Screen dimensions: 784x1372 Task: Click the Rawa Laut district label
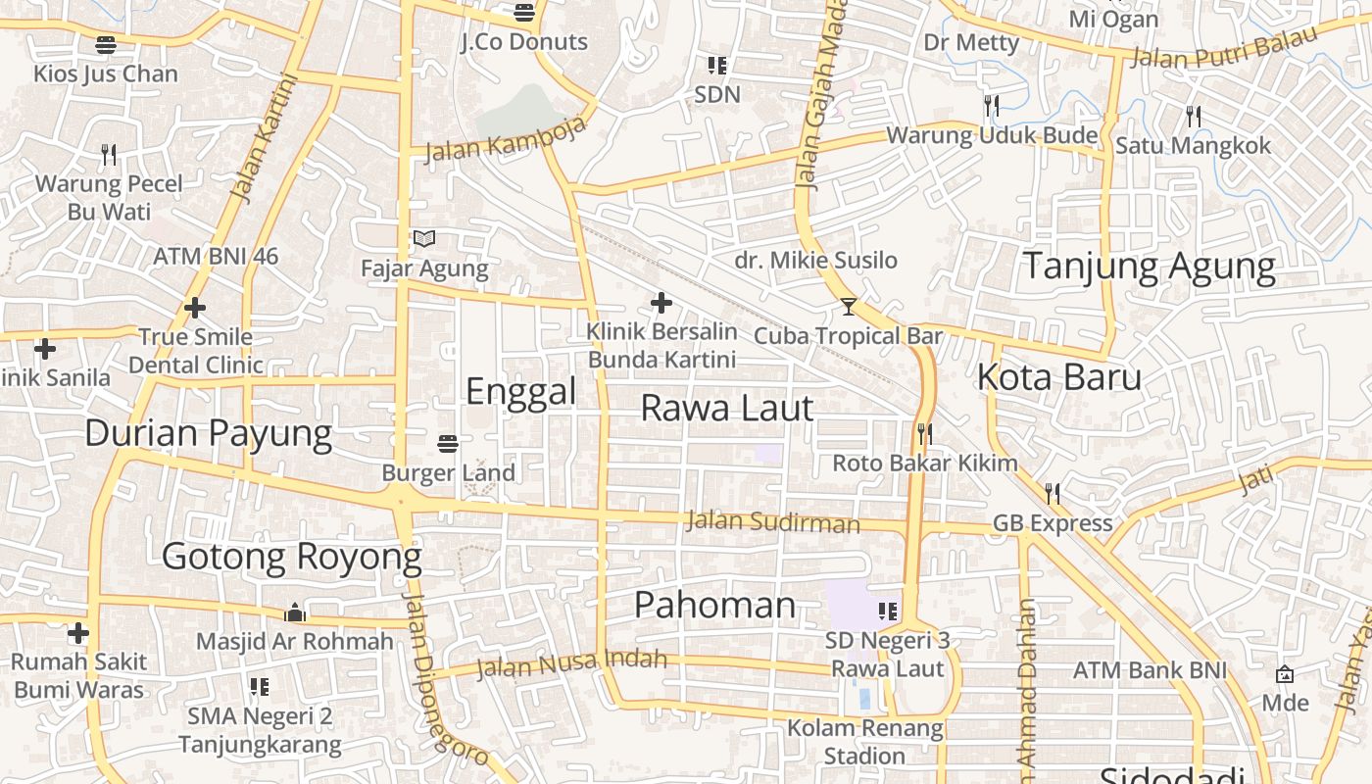click(726, 408)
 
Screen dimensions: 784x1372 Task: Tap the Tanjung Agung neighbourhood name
click(1150, 266)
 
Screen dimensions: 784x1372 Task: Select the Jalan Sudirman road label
click(773, 521)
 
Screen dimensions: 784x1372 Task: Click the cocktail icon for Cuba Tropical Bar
click(849, 307)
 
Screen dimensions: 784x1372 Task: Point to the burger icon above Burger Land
click(448, 444)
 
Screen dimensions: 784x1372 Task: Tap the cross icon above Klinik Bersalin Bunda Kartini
click(661, 303)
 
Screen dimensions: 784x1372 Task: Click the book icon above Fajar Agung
click(424, 238)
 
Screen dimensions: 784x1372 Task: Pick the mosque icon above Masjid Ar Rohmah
click(295, 613)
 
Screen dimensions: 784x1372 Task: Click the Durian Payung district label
click(208, 432)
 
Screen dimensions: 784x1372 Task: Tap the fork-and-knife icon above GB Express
click(1053, 493)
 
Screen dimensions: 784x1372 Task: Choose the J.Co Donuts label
click(524, 42)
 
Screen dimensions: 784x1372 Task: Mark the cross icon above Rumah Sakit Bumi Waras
click(78, 633)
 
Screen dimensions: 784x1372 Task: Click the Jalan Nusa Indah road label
click(571, 664)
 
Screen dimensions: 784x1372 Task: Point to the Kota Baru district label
click(1059, 377)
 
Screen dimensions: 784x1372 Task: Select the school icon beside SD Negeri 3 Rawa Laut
click(888, 612)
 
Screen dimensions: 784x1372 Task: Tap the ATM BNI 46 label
click(216, 257)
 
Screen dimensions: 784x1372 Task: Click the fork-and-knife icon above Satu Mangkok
click(1194, 117)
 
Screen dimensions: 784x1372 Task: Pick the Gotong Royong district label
click(291, 557)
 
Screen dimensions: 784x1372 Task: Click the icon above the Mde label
click(1285, 674)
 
